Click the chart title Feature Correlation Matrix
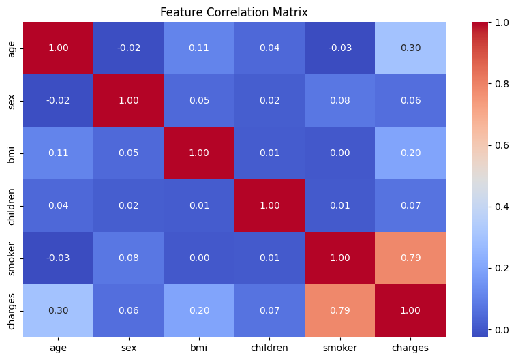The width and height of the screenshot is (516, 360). coord(234,12)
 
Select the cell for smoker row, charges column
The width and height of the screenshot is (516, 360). coord(410,258)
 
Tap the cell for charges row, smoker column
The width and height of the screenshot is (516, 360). coord(340,311)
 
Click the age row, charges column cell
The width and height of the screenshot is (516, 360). coord(410,48)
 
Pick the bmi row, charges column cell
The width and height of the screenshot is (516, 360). coord(410,153)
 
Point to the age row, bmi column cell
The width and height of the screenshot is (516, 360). coord(199,48)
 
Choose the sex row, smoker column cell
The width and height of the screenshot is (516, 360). coord(340,101)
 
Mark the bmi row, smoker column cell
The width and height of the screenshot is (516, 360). coord(340,153)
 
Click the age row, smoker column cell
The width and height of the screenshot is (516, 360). coord(340,48)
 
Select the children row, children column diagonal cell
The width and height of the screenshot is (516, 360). coord(269,206)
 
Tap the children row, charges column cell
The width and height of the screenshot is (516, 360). coord(410,206)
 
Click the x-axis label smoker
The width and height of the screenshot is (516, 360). coord(340,348)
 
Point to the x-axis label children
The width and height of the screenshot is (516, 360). coord(269,348)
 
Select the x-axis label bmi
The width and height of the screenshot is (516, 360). coord(199,348)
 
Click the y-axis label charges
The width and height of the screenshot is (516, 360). coord(11,312)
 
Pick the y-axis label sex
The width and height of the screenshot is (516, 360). coord(11,102)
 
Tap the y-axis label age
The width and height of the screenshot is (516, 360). coord(11,49)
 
